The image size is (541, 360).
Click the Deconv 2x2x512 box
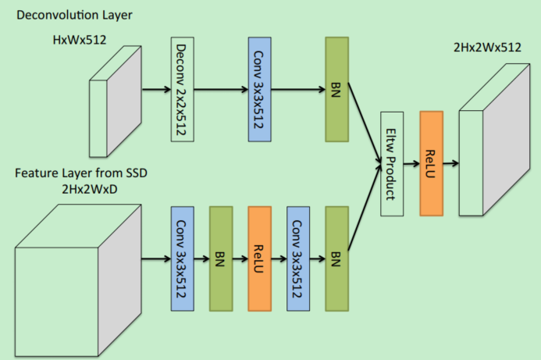(181, 88)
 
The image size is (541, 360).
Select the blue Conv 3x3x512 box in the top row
(259, 88)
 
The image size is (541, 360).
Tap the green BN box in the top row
(336, 88)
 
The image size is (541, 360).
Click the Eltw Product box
(391, 164)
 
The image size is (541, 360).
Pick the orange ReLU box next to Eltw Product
(431, 163)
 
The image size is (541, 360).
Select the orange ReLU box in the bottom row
(259, 258)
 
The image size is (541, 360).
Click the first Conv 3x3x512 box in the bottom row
(181, 258)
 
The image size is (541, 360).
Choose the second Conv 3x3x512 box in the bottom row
(297, 258)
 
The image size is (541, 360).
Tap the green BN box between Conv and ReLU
(221, 258)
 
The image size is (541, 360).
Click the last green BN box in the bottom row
(336, 258)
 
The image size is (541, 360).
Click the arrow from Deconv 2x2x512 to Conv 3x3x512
(220, 88)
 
